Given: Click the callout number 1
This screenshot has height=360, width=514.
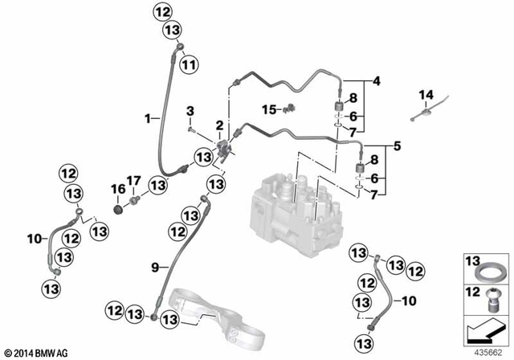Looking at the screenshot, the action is pyautogui.click(x=148, y=118).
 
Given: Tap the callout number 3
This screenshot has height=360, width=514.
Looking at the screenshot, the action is pyautogui.click(x=191, y=110).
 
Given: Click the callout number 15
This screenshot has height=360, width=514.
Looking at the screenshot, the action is pyautogui.click(x=270, y=108).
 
